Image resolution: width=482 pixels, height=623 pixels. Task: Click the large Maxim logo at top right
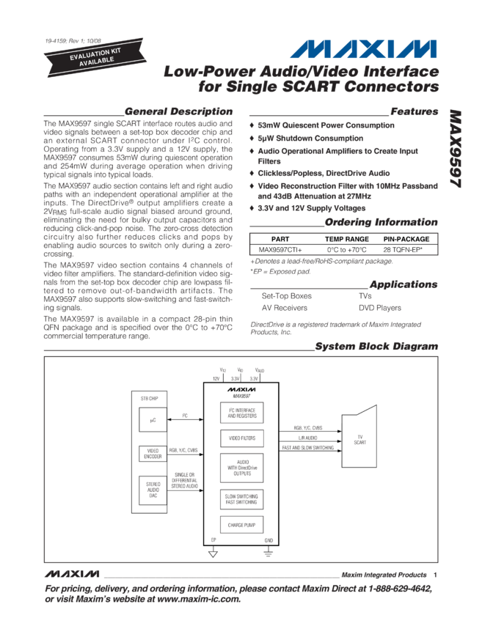pyautogui.click(x=365, y=49)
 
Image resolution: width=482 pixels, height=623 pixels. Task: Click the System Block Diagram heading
pyautogui.click(x=376, y=346)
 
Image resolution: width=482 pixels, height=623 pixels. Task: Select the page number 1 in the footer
pyautogui.click(x=435, y=575)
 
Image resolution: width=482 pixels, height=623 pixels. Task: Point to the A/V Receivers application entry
pyautogui.click(x=282, y=309)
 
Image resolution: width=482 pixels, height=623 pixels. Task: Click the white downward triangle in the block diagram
pyautogui.click(x=213, y=554)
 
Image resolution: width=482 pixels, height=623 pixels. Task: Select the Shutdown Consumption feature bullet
pyautogui.click(x=303, y=137)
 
